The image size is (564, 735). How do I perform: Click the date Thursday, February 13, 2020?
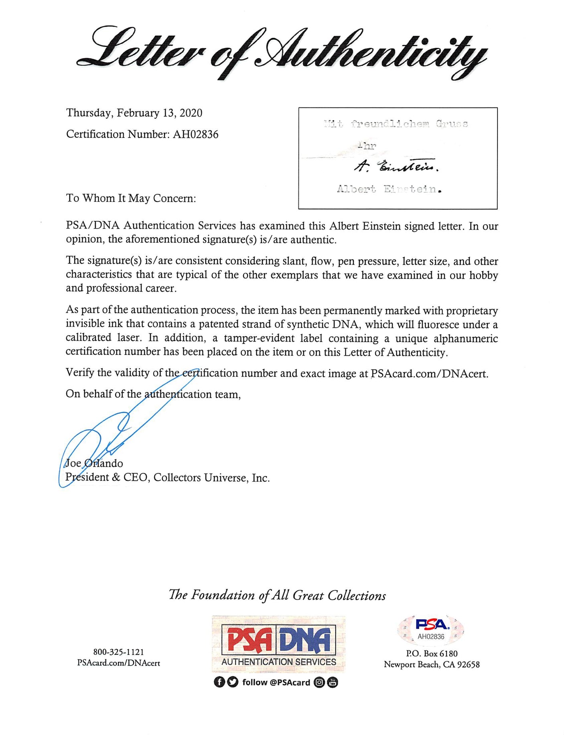tap(134, 113)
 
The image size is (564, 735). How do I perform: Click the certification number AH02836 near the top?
tap(195, 134)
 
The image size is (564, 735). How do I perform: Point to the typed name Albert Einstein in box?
tap(389, 189)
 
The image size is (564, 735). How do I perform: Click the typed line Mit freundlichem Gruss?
tap(396, 124)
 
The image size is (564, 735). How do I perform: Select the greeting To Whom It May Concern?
tap(131, 198)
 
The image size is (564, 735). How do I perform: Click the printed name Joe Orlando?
tap(94, 464)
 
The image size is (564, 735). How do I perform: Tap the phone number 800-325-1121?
tap(118, 652)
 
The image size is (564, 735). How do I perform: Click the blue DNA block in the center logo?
tap(306, 640)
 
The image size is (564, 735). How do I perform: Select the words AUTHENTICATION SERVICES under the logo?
tap(278, 662)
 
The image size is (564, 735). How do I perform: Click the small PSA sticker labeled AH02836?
tap(431, 630)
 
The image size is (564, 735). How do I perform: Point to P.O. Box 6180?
tap(432, 654)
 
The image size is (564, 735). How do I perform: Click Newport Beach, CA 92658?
tap(432, 665)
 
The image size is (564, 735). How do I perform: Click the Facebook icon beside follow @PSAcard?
tap(219, 682)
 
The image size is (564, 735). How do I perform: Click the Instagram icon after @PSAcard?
tap(319, 682)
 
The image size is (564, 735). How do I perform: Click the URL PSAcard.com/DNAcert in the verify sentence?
tap(429, 374)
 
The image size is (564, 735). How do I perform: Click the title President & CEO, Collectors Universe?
tap(167, 478)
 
